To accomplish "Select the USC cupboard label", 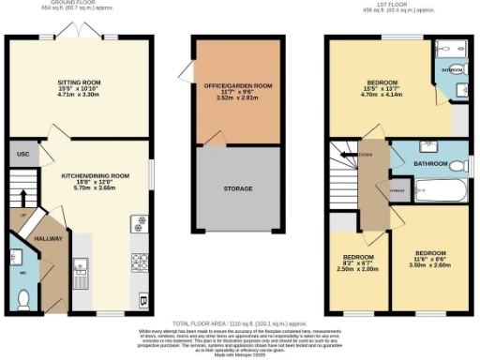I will [x=23, y=152].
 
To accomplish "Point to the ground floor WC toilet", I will [x=23, y=299].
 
